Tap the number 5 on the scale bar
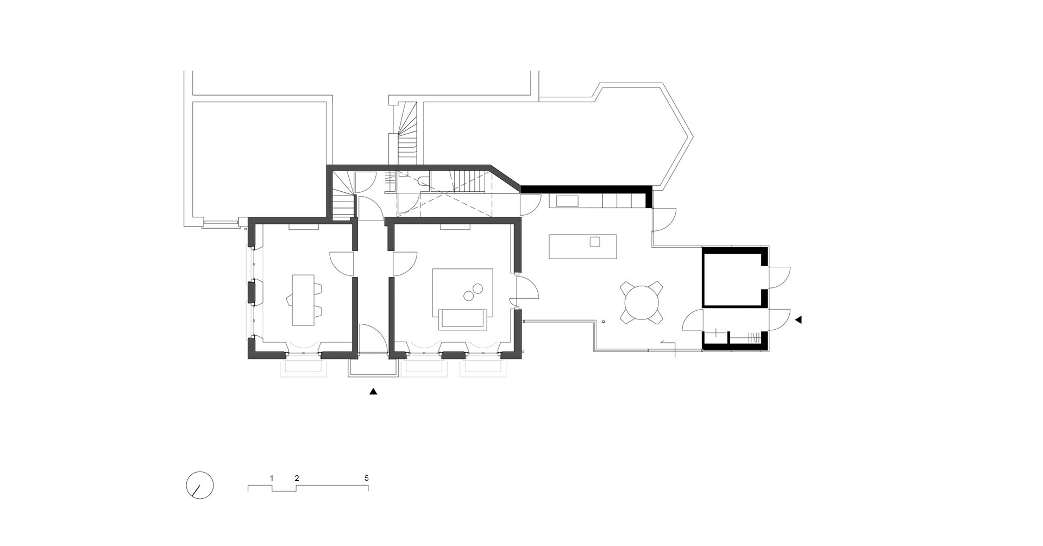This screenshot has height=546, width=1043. point(367,478)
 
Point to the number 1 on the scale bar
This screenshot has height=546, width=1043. point(272,478)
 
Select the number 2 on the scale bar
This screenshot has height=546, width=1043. point(297,478)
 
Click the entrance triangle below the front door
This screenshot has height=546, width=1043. point(373,391)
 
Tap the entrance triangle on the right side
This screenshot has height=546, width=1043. point(799,321)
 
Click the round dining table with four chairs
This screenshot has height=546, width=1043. point(642,303)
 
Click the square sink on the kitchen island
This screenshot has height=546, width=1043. point(595,242)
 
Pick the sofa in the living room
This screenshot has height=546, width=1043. point(463,318)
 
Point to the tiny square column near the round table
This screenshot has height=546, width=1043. point(603,322)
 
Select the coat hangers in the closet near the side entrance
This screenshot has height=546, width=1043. point(754,337)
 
